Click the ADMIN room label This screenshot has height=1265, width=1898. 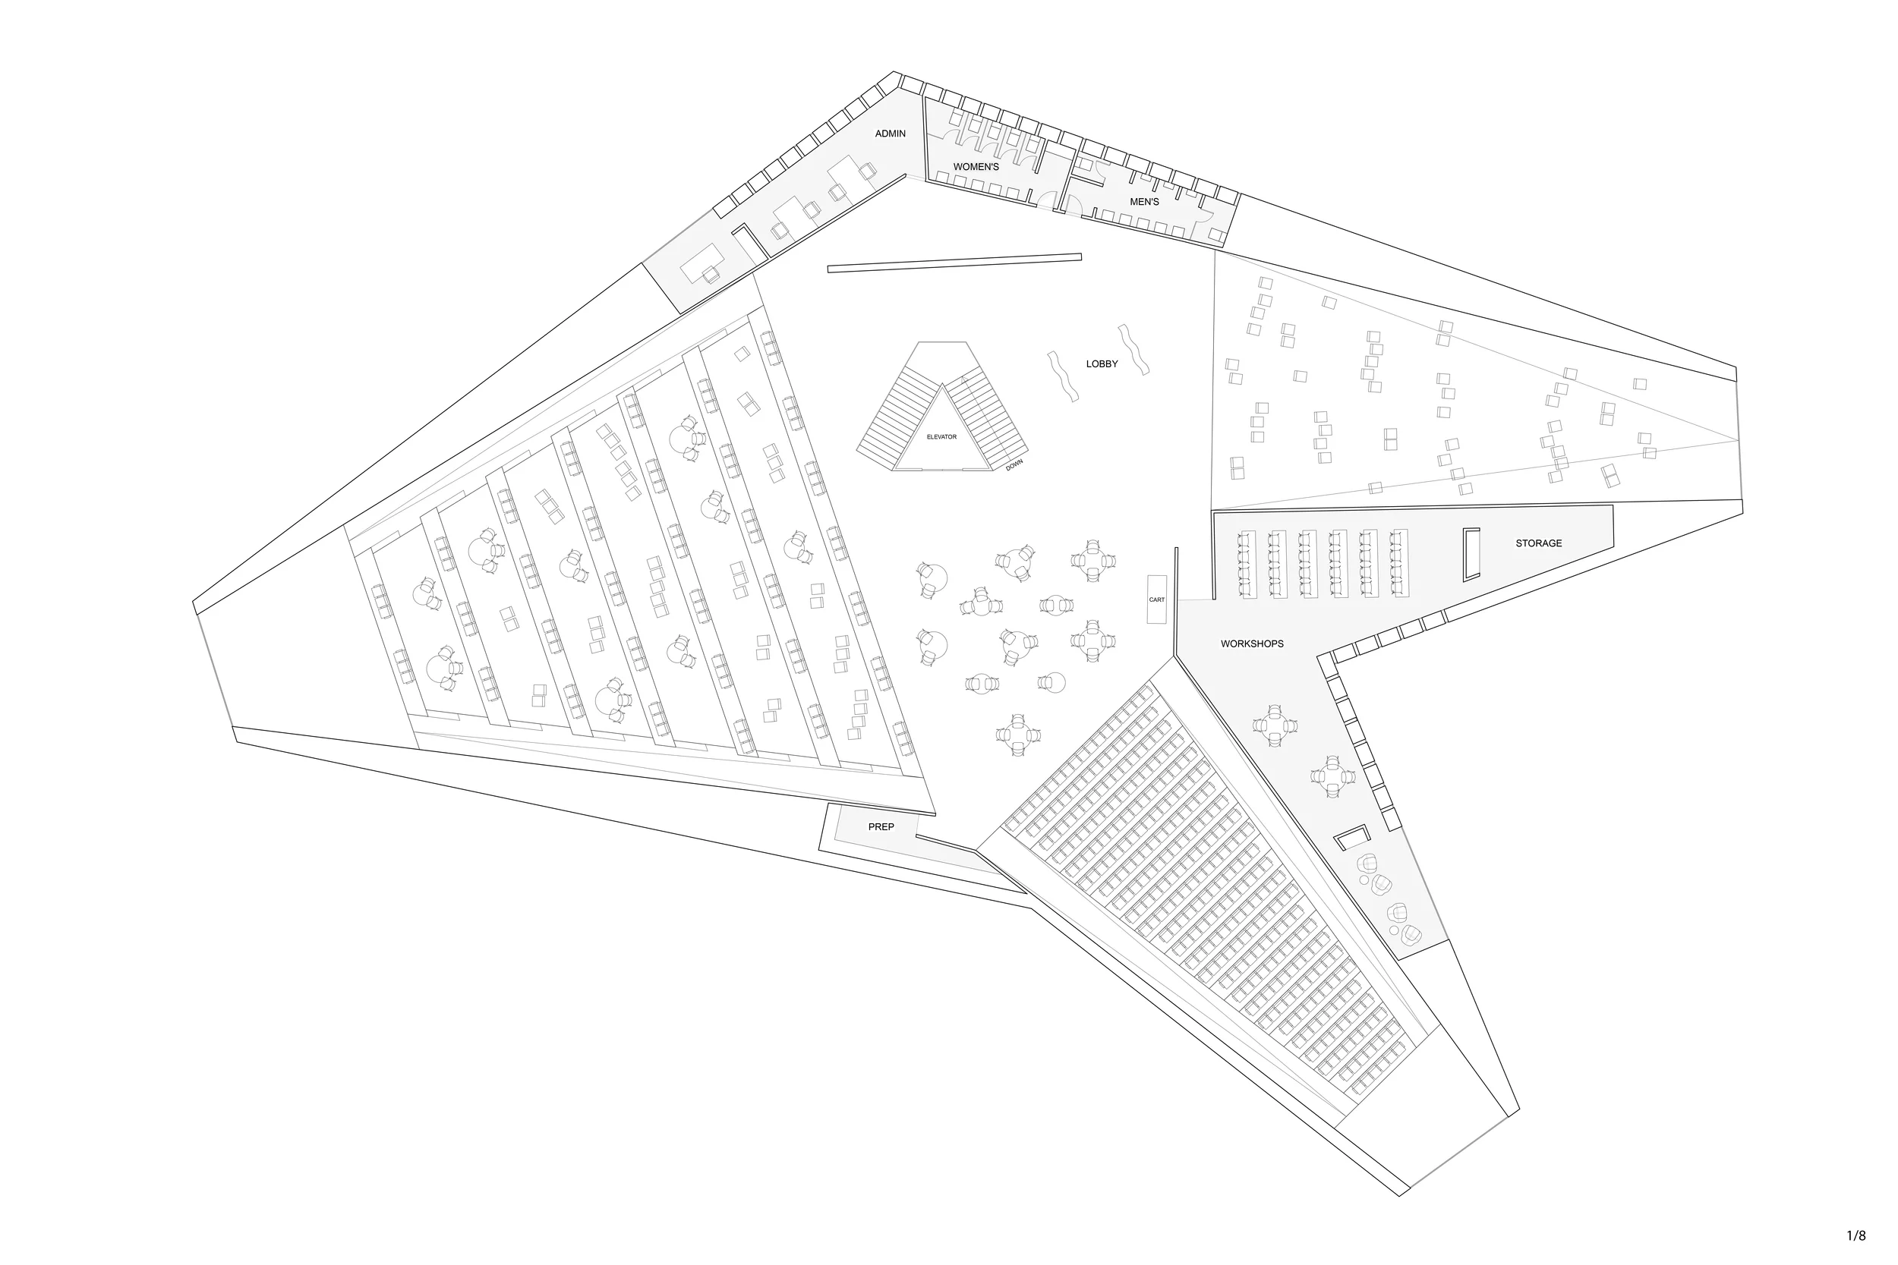click(890, 134)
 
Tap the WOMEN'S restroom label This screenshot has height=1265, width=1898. click(976, 167)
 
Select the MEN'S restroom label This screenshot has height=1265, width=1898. click(1143, 202)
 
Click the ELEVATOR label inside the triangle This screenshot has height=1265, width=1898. click(941, 437)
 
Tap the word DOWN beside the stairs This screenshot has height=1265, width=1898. click(1014, 464)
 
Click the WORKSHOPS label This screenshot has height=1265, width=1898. click(1252, 644)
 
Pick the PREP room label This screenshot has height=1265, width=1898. click(881, 827)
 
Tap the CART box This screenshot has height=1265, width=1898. click(1156, 599)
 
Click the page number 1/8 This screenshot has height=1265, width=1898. click(1856, 1236)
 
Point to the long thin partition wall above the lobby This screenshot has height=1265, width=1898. click(954, 263)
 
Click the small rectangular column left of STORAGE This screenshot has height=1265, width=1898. click(1471, 554)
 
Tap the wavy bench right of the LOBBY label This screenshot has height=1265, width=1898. click(1133, 350)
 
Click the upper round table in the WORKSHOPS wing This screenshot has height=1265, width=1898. click(1275, 725)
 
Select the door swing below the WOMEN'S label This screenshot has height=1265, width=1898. click(1048, 200)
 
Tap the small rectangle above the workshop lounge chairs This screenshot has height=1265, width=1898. click(1351, 838)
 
